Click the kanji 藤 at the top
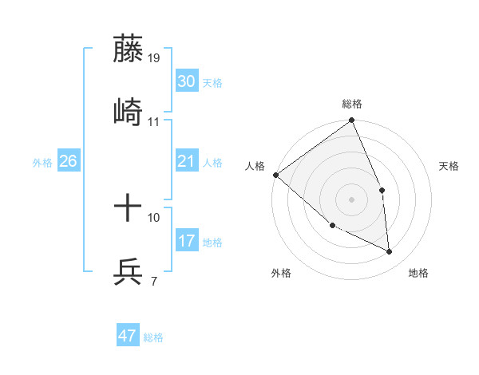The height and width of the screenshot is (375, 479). click(128, 49)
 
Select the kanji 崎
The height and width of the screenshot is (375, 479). click(128, 112)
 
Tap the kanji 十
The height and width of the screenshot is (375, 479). click(128, 209)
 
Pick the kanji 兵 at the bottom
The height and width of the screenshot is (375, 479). click(128, 272)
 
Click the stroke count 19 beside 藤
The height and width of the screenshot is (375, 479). click(155, 58)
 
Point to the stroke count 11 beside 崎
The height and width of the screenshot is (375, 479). click(154, 122)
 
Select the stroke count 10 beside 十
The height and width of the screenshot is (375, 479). click(154, 217)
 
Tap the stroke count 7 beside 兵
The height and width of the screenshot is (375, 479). click(153, 281)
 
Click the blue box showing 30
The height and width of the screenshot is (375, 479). click(186, 81)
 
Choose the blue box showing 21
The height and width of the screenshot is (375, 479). click(186, 161)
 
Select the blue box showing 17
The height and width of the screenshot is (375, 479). click(186, 241)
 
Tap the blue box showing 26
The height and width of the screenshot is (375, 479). click(68, 161)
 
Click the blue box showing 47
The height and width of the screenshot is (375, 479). click(128, 336)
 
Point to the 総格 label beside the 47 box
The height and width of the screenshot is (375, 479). click(153, 337)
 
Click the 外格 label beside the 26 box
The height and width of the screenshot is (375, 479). click(42, 162)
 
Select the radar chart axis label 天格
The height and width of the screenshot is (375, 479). click(449, 166)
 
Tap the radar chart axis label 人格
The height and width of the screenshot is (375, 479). click(254, 166)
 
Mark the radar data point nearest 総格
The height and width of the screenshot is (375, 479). click(351, 121)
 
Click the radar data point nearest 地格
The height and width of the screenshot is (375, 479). click(390, 252)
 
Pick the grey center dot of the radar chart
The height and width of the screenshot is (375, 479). click(351, 199)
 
